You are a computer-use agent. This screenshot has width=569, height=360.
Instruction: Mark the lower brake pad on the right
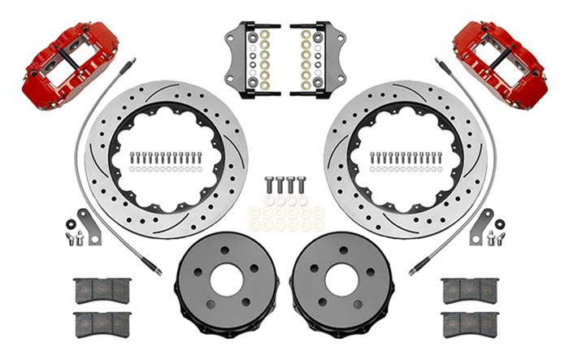point(469,323)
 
